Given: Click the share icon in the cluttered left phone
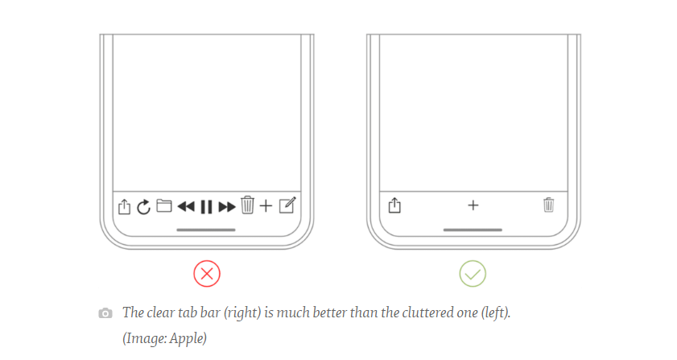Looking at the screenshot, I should click(124, 206).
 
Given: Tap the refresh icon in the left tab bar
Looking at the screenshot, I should click(143, 207).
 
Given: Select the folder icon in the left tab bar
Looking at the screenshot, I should click(164, 205).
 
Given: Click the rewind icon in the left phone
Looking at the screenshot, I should click(186, 206).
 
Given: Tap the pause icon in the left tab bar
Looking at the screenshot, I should click(206, 206).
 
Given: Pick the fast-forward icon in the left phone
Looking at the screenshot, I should click(227, 206).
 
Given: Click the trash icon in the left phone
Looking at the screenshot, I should click(247, 205).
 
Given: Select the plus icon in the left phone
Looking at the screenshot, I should click(266, 206).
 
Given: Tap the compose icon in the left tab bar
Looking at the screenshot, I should click(287, 205).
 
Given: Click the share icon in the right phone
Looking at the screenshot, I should click(394, 205).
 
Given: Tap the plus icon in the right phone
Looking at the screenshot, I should click(473, 205).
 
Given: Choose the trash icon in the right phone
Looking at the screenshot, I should click(549, 205).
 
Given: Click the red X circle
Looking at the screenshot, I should click(207, 274).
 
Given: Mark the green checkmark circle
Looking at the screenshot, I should click(473, 274).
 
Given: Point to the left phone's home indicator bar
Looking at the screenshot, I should click(206, 230).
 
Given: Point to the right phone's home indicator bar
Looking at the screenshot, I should click(473, 230).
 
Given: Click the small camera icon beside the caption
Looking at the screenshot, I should click(105, 313).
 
